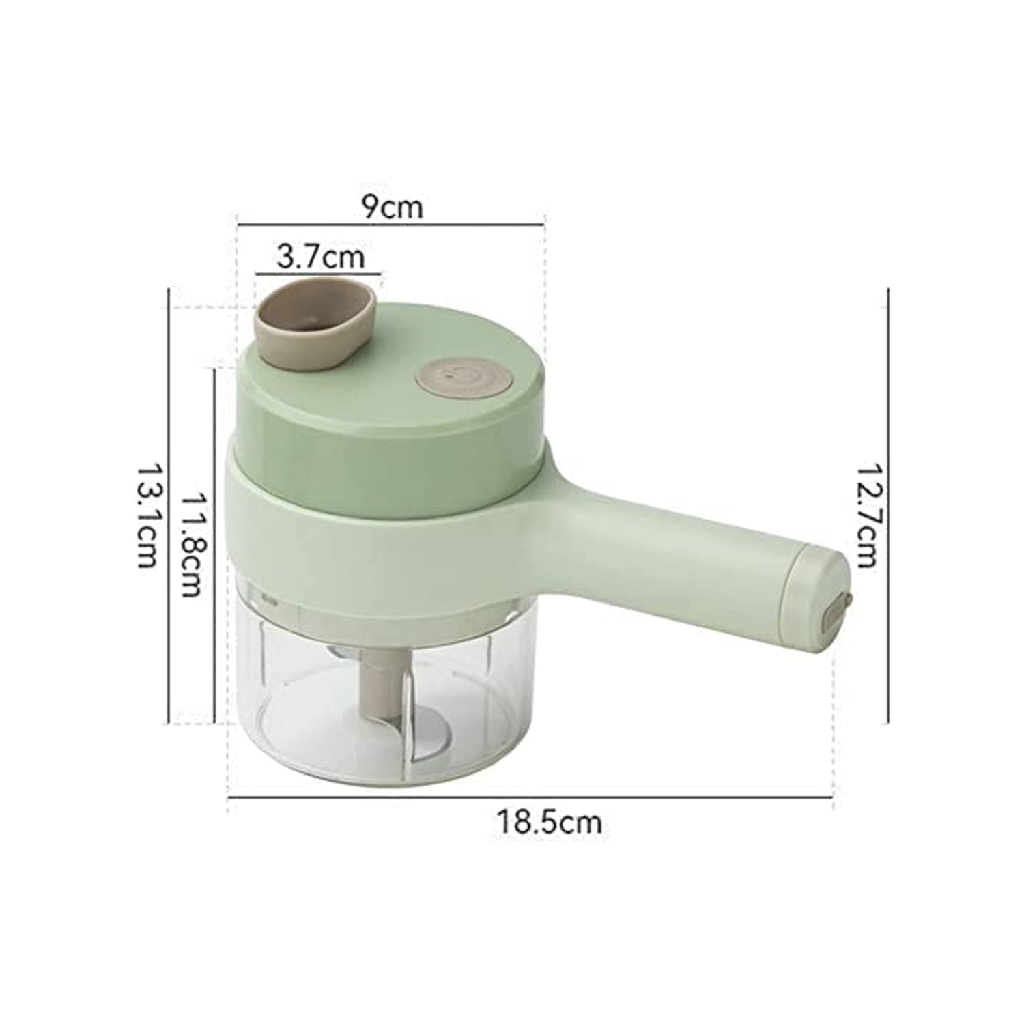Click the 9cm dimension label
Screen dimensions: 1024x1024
coord(392,207)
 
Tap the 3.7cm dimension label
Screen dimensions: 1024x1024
coord(320,258)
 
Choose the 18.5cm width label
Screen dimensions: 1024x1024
coord(549,822)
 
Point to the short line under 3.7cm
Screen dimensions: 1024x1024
coord(318,274)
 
